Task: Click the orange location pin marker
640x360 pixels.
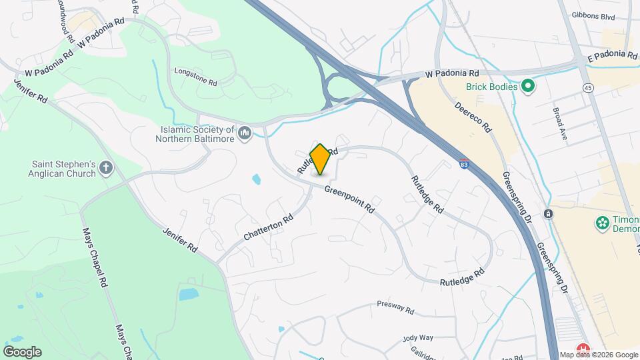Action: coord(320,159)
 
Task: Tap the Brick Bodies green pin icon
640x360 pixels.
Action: coord(528,86)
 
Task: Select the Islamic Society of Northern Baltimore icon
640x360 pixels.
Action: coord(245,134)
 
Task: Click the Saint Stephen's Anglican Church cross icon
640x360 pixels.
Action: coord(106,169)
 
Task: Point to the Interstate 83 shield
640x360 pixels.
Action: coord(463,162)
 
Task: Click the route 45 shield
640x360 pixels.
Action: coord(587,87)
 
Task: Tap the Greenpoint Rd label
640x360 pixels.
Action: coord(349,199)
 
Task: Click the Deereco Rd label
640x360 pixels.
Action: coord(473,116)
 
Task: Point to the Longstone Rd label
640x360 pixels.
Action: coord(195,77)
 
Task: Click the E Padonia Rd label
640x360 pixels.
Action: coord(612,56)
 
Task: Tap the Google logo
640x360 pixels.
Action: coord(22,351)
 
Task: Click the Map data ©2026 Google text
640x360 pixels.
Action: coord(598,355)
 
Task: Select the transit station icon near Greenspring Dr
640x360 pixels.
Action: coord(548,214)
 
